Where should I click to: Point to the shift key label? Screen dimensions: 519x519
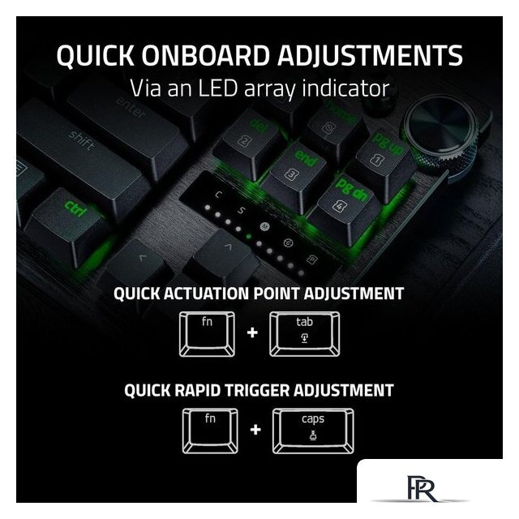81,140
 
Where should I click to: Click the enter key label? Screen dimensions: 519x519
131,108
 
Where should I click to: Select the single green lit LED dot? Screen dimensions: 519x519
249,237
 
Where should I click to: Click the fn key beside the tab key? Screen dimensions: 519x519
208,333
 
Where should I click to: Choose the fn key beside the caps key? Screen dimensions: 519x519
210,431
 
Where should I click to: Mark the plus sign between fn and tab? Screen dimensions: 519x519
252,332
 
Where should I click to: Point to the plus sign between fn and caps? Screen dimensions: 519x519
255,430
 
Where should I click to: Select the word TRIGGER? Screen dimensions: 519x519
257,390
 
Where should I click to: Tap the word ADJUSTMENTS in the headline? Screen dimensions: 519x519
370,55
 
